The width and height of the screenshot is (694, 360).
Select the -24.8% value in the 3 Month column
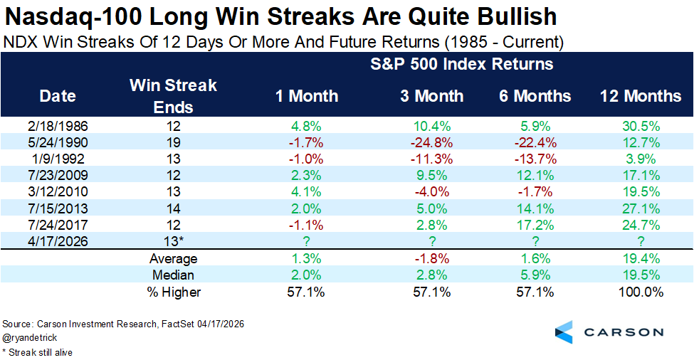429,142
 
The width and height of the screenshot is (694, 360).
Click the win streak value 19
173,142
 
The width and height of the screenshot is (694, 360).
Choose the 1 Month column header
307,96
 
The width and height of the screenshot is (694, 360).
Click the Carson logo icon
564,331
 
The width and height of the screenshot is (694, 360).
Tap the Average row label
173,259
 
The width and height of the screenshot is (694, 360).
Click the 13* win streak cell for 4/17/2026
173,241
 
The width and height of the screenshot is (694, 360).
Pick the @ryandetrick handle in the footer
30,338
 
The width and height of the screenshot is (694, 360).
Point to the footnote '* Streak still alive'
37,351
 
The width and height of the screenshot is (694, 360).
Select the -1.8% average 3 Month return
429,259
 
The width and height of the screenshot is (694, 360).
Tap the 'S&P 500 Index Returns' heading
461,65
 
